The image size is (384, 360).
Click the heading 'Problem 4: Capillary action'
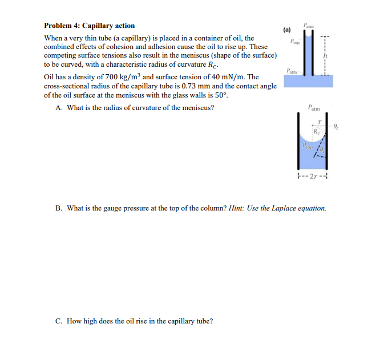90,26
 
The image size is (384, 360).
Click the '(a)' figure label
286,29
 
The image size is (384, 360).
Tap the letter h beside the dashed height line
325,55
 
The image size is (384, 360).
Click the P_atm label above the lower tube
314,107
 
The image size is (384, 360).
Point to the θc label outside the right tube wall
336,127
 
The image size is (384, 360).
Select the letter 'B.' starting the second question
59,208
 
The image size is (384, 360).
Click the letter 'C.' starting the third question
59,321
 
